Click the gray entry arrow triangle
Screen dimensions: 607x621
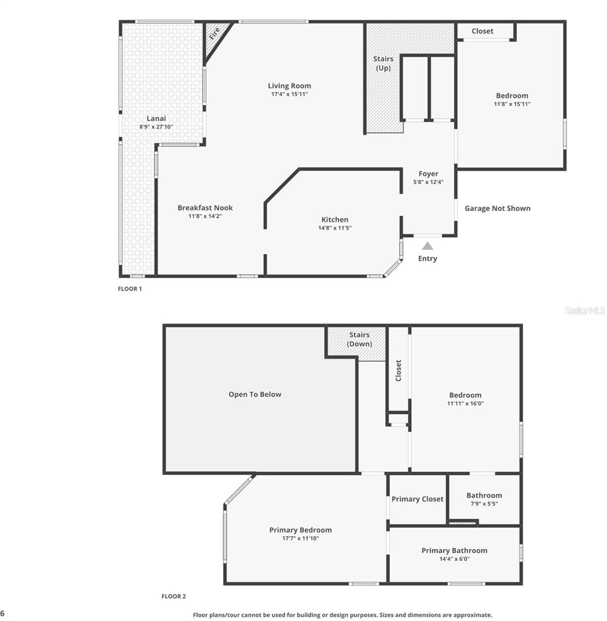(x=427, y=246)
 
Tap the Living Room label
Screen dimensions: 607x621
(x=290, y=86)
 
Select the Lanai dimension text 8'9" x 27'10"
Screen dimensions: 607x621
(x=156, y=127)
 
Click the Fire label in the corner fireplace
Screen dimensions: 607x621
(x=214, y=34)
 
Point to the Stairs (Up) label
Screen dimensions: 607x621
(x=383, y=63)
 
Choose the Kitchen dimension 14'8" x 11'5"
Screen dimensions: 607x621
(x=335, y=228)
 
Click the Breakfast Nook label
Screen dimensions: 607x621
(x=205, y=208)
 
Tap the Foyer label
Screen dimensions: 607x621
(x=428, y=174)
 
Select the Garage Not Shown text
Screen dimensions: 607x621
(x=497, y=209)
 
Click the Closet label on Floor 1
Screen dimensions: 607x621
(x=482, y=31)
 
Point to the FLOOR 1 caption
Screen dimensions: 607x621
(x=129, y=289)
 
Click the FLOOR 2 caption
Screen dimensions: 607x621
(x=174, y=596)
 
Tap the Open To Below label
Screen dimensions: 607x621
(x=255, y=394)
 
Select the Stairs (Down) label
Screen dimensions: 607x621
(x=359, y=339)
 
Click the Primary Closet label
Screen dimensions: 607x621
(x=417, y=499)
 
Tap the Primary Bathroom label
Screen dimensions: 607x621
(x=454, y=551)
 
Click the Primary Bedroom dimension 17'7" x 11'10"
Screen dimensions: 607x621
(x=300, y=538)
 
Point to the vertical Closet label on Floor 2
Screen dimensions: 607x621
(x=398, y=371)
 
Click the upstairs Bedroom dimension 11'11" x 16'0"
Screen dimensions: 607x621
(x=465, y=403)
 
